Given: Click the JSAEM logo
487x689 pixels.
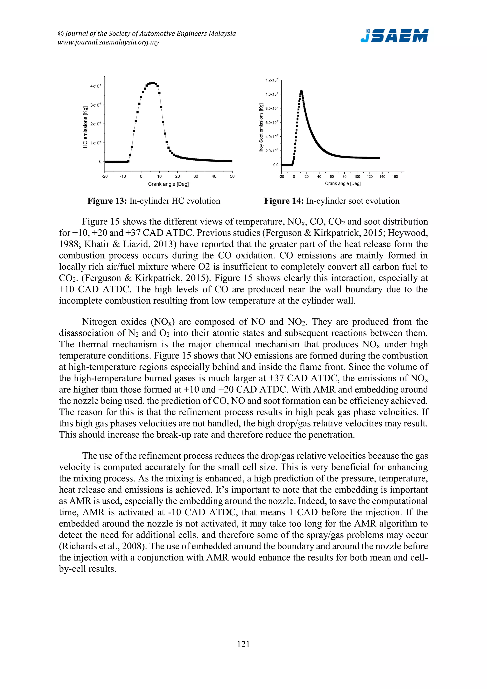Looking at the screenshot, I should point(394,35).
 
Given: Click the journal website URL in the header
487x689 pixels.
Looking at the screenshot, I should point(108,42).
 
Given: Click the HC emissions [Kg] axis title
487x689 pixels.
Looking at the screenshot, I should point(85,127).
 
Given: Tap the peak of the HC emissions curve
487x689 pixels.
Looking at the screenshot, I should point(153,83).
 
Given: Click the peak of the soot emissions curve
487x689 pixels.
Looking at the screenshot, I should point(301,91).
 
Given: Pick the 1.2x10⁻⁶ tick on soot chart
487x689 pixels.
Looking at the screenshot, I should point(272,80).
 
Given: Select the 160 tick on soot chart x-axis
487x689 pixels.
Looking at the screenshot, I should point(395,177).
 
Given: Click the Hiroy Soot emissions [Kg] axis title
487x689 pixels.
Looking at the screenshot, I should point(261,129).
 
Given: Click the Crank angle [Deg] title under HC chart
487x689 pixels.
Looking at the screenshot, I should point(168,184).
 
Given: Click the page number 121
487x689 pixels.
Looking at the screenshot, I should point(243,644).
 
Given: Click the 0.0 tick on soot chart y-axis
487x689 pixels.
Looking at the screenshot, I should point(276,165).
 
